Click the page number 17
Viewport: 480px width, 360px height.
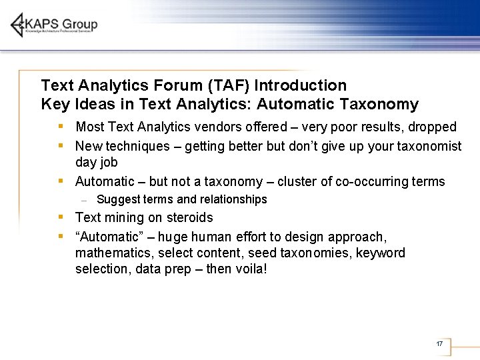click(439, 344)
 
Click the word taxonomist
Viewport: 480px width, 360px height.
click(427, 145)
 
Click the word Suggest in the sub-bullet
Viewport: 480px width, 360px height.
click(118, 199)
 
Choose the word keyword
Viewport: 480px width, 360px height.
click(380, 253)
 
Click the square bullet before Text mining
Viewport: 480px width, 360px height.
click(61, 217)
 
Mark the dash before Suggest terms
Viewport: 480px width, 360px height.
click(83, 200)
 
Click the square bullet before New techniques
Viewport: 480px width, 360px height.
click(61, 145)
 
